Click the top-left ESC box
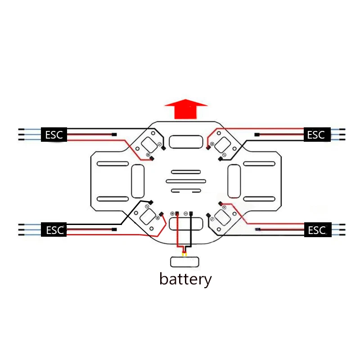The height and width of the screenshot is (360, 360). coord(54,135)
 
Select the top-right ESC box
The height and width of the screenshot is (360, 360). coord(317,135)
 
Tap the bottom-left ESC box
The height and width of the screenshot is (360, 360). coord(54,229)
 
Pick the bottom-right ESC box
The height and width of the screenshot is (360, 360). coord(318,230)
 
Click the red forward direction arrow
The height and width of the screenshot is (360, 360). coord(186,109)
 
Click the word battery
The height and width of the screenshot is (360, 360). coord(185,279)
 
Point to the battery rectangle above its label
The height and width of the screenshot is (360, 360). coord(184,262)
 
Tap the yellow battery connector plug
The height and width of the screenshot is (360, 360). coord(184,254)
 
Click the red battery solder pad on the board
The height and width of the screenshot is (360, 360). coord(177,213)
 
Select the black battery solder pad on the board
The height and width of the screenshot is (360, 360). coord(191,213)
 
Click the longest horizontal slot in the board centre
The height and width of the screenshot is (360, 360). coord(186,181)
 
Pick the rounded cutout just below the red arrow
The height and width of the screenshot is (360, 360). coord(186,142)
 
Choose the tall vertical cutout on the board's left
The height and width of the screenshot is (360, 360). coord(138,181)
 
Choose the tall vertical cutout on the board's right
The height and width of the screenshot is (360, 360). coord(234,181)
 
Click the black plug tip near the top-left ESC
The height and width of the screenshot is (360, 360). coord(114,135)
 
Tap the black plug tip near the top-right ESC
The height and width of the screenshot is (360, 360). coord(257,135)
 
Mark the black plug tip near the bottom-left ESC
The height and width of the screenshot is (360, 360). coord(114,229)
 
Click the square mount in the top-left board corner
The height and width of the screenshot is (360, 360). coord(149,144)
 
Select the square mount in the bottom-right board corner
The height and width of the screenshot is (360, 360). coord(222,217)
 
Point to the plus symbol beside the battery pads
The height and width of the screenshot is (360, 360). coord(172,214)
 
